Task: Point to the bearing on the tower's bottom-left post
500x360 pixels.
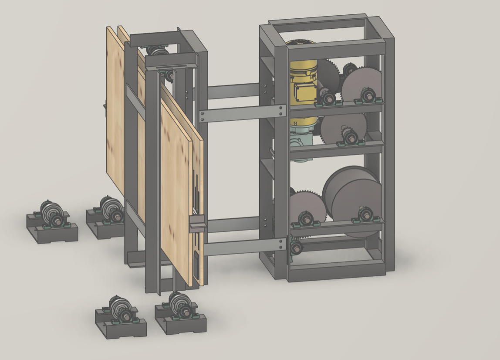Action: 296,248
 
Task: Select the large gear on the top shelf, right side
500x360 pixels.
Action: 361,85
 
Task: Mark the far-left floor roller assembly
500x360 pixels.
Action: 51,220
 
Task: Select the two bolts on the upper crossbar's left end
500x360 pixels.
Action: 203,116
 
